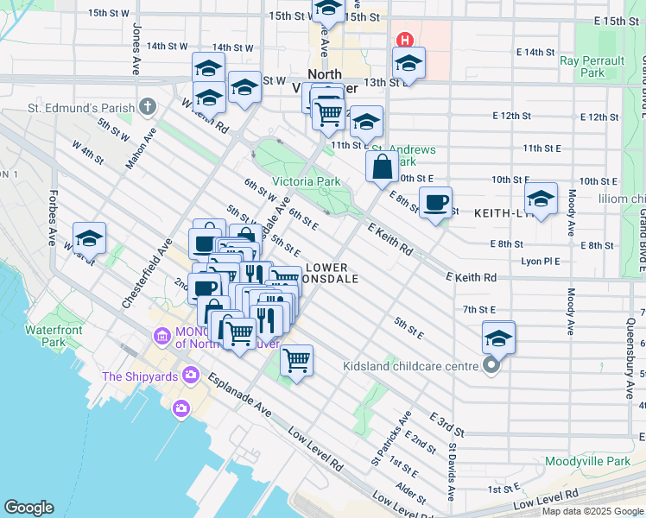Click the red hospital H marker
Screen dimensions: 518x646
pos(402,41)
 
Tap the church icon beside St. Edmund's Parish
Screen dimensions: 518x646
pos(148,108)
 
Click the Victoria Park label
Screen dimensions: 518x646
pos(306,181)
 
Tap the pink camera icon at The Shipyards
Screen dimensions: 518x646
pos(180,407)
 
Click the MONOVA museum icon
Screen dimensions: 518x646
pos(161,335)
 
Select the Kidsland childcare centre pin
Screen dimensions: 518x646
pos(491,366)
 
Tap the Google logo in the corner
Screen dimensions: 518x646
pos(29,507)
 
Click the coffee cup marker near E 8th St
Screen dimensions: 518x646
pos(435,202)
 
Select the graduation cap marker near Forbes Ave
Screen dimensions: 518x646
pos(90,238)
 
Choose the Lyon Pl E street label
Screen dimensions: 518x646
pos(541,261)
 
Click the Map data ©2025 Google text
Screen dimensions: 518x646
pos(592,511)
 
